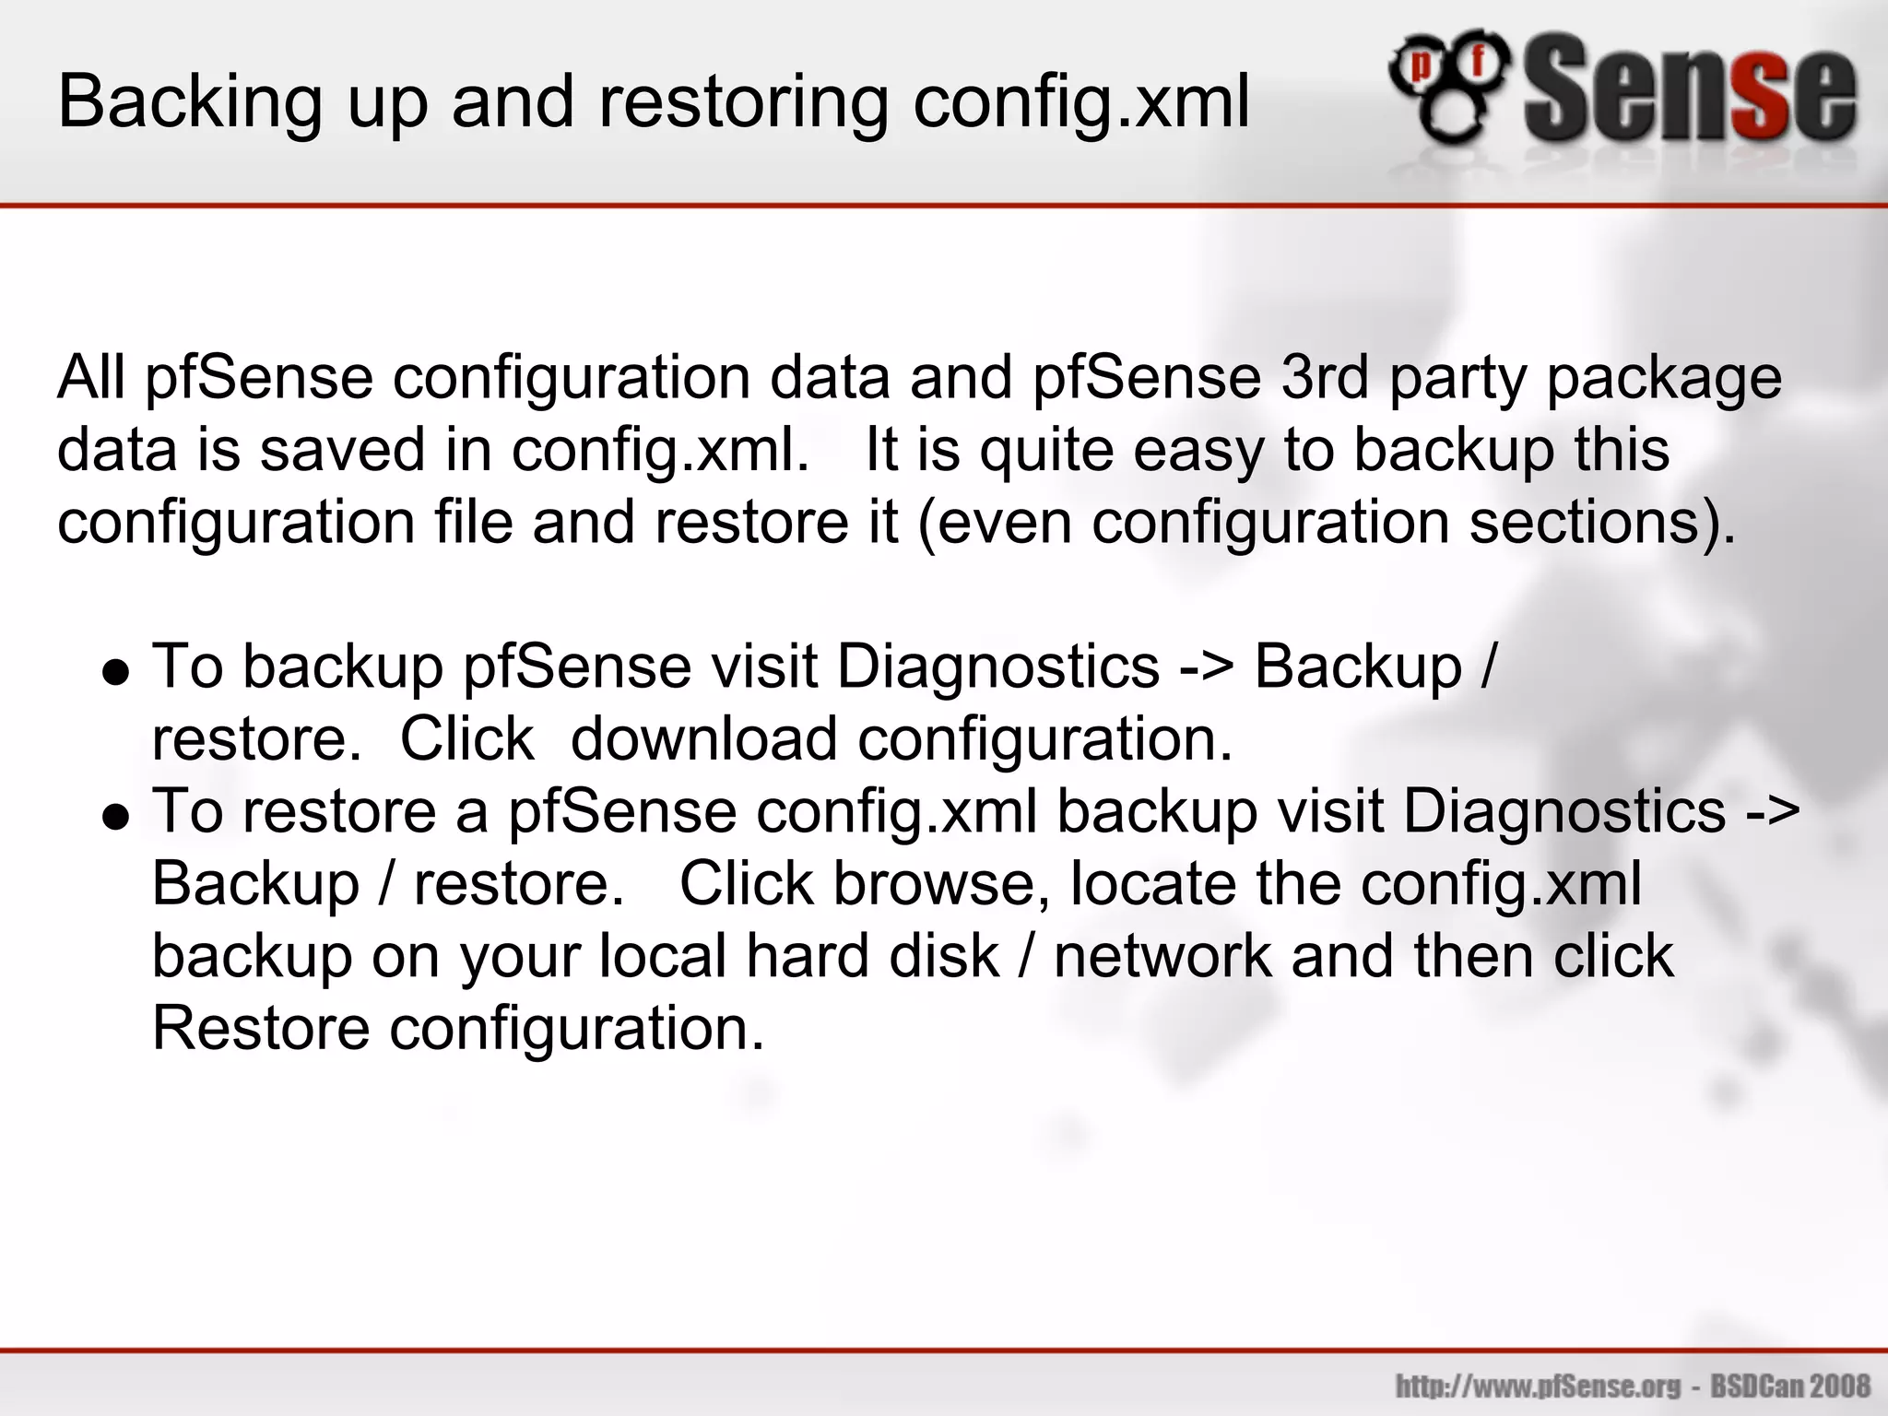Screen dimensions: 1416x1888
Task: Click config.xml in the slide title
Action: click(1081, 102)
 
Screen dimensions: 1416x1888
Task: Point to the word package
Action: click(1664, 379)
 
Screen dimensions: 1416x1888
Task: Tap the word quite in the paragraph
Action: click(1047, 451)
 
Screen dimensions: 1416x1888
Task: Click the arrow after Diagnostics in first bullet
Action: click(1207, 667)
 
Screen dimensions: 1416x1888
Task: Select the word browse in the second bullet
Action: click(941, 884)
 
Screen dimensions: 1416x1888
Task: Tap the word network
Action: click(1163, 956)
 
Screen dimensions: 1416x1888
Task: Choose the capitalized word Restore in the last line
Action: click(261, 1029)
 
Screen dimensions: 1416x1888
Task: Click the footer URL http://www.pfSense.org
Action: click(1538, 1386)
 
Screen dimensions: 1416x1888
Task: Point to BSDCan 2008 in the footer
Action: click(1790, 1386)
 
